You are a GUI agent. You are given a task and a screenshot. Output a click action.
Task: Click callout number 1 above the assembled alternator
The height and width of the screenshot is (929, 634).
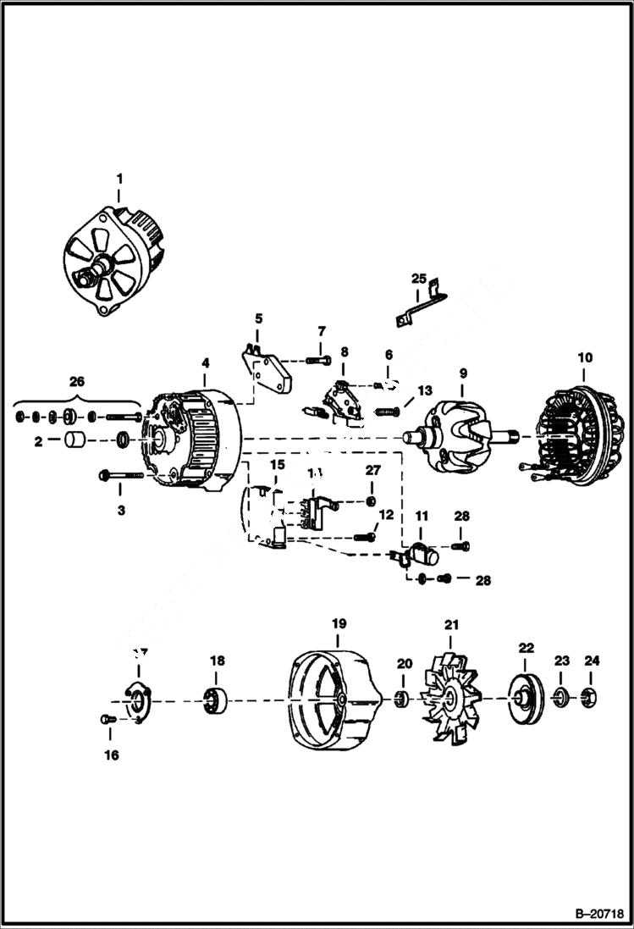[x=119, y=179]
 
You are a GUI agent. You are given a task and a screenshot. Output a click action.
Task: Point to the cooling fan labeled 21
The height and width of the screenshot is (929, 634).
[x=452, y=699]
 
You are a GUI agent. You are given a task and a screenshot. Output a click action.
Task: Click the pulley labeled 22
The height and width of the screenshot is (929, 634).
[x=526, y=699]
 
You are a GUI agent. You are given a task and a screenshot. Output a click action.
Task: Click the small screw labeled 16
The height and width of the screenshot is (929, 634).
[x=104, y=719]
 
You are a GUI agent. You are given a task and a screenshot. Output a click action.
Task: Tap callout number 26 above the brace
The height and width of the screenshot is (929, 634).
[x=76, y=381]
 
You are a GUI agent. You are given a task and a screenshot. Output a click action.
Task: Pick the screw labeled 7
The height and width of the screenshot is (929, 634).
[x=320, y=362]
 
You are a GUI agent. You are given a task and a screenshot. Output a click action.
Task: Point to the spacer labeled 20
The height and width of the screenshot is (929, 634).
[x=403, y=700]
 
